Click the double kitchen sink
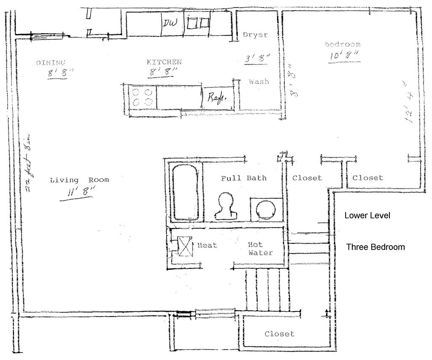pyautogui.click(x=198, y=23)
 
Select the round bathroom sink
pyautogui.click(x=265, y=209)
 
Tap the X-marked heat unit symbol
pyautogui.click(x=184, y=246)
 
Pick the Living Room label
pyautogui.click(x=79, y=180)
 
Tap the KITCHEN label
pyautogui.click(x=164, y=62)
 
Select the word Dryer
pyautogui.click(x=255, y=35)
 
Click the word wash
pyautogui.click(x=259, y=81)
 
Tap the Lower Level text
pyautogui.click(x=367, y=216)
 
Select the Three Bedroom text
pyautogui.click(x=375, y=247)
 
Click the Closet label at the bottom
pyautogui.click(x=279, y=334)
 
